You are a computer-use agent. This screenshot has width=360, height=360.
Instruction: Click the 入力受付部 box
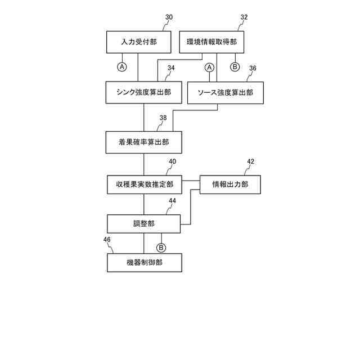(138, 42)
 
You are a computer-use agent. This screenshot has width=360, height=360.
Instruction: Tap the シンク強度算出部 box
(143, 92)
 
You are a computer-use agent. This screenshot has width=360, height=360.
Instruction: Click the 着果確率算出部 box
(143, 142)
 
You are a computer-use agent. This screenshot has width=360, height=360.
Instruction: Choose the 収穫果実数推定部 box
(145, 184)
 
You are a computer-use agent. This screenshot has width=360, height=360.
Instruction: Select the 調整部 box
(144, 223)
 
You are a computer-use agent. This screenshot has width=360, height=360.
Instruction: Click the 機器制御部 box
(145, 263)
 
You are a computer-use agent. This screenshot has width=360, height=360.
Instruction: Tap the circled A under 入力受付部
(122, 67)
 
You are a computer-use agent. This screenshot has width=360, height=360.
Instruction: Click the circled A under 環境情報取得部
(209, 67)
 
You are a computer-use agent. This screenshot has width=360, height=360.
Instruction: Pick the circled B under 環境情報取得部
(235, 67)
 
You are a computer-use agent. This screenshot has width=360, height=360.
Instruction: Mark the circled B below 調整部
(161, 247)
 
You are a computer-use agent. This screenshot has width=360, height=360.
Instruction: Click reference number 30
(169, 17)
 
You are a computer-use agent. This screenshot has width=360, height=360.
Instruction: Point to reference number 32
(244, 17)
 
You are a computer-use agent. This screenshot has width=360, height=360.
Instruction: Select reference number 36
(253, 68)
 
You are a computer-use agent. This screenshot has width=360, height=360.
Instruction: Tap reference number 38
(163, 118)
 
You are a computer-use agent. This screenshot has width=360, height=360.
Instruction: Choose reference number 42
(250, 161)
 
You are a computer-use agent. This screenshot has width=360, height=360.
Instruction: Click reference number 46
(107, 240)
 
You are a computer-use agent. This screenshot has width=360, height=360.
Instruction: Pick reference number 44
(172, 201)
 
